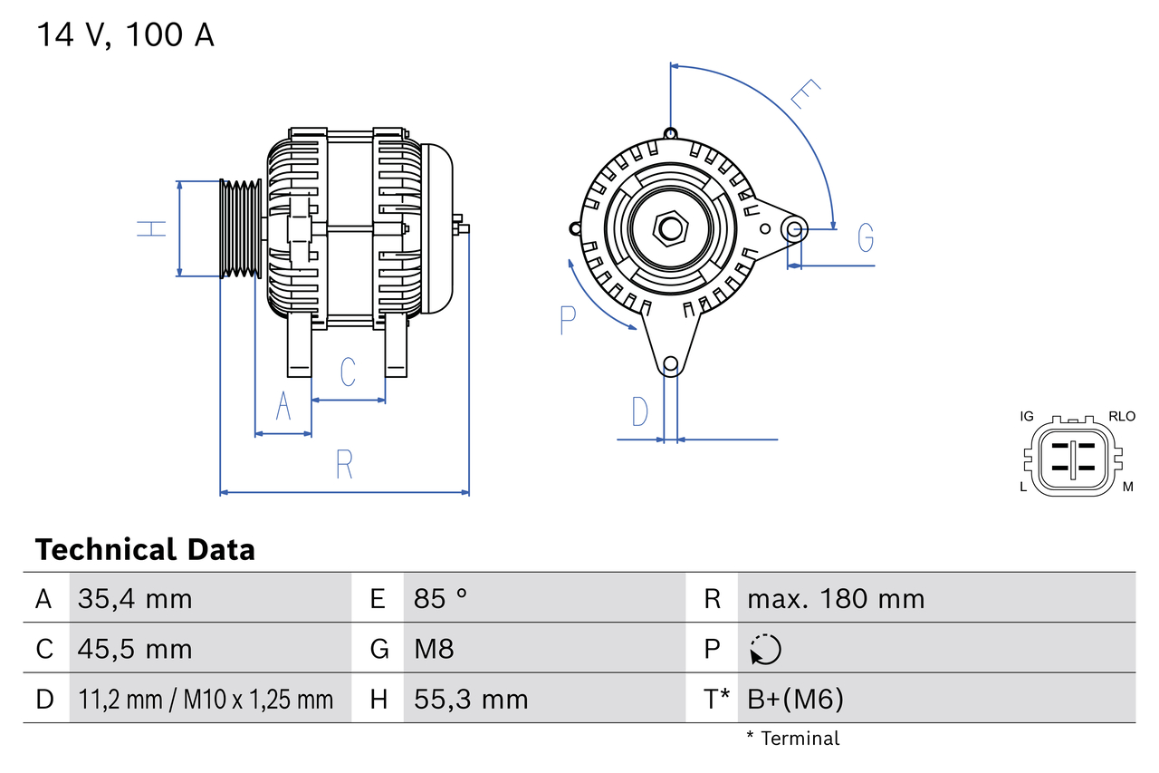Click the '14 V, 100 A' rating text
(x=125, y=35)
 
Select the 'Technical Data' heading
(x=145, y=550)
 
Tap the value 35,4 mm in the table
(x=135, y=599)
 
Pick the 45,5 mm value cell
(x=135, y=649)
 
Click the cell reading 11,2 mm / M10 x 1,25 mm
(x=206, y=699)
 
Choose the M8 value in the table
(x=434, y=649)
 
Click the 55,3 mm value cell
(x=471, y=699)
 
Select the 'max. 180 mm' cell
(x=836, y=599)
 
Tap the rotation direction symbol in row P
(x=765, y=649)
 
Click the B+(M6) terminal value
(x=795, y=699)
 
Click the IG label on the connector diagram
(x=1026, y=417)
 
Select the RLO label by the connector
(x=1121, y=417)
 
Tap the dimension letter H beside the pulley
(x=153, y=228)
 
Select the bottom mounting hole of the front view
(x=670, y=364)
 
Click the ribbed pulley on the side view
(x=241, y=228)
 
